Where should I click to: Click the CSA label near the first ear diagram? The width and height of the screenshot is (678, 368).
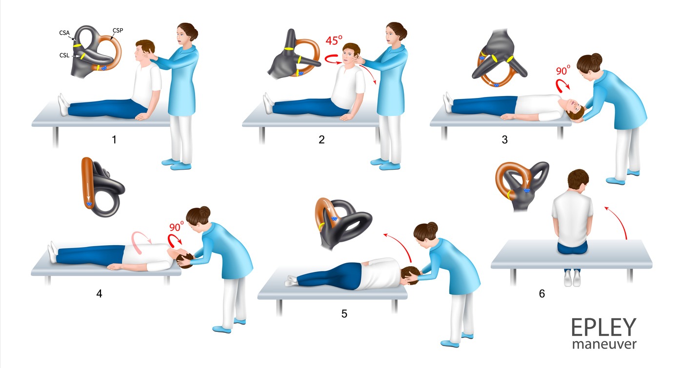(x=64, y=33)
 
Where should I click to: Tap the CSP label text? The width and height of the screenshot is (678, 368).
(x=118, y=30)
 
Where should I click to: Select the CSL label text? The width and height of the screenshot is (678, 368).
(x=64, y=56)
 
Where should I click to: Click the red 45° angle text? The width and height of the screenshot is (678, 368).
(x=334, y=40)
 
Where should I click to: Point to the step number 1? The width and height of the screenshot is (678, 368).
(x=114, y=139)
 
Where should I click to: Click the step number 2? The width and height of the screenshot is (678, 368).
(x=321, y=139)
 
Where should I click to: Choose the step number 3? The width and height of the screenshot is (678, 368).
(x=504, y=139)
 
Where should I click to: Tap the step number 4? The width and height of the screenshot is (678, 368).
(x=99, y=293)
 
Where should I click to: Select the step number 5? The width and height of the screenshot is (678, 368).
(x=344, y=313)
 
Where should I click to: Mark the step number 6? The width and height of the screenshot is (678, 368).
(x=542, y=293)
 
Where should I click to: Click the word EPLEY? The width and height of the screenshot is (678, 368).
(x=603, y=327)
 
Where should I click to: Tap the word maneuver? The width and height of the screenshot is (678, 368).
(x=604, y=344)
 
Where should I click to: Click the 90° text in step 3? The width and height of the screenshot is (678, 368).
(x=563, y=70)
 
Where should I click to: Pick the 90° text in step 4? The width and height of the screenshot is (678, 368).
(x=177, y=227)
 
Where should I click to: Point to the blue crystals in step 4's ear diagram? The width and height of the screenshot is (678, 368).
(x=89, y=204)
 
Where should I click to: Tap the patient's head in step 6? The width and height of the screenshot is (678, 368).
(x=578, y=180)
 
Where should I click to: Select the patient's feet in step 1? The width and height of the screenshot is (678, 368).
(x=63, y=104)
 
